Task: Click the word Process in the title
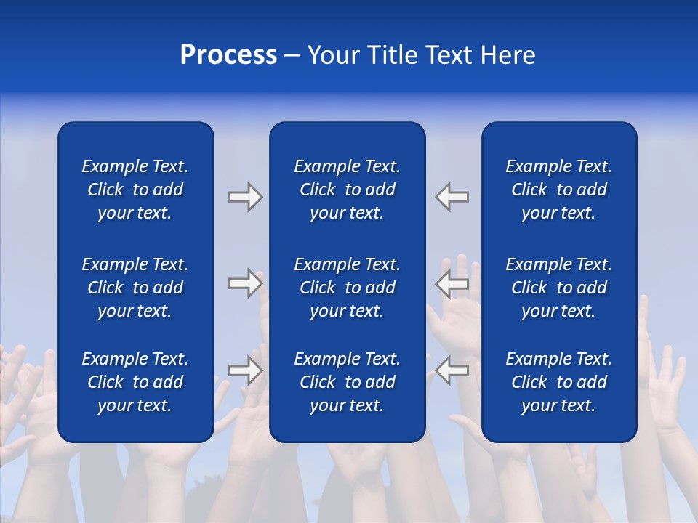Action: tap(228, 55)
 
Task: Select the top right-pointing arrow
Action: tap(245, 197)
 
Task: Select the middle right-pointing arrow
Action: tap(245, 283)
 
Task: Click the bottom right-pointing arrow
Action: tap(245, 370)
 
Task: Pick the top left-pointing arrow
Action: tap(452, 197)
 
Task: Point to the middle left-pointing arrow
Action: tap(452, 283)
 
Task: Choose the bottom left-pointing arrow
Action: tap(452, 370)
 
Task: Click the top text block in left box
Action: tap(135, 190)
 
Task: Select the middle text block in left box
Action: tap(135, 288)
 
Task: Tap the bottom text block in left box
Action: tap(135, 382)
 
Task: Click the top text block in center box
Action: tap(348, 190)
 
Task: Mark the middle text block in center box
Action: tap(348, 288)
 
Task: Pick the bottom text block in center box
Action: tap(348, 382)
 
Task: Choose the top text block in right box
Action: tap(559, 190)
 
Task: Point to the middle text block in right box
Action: tap(559, 288)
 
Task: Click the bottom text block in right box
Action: tap(559, 382)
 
